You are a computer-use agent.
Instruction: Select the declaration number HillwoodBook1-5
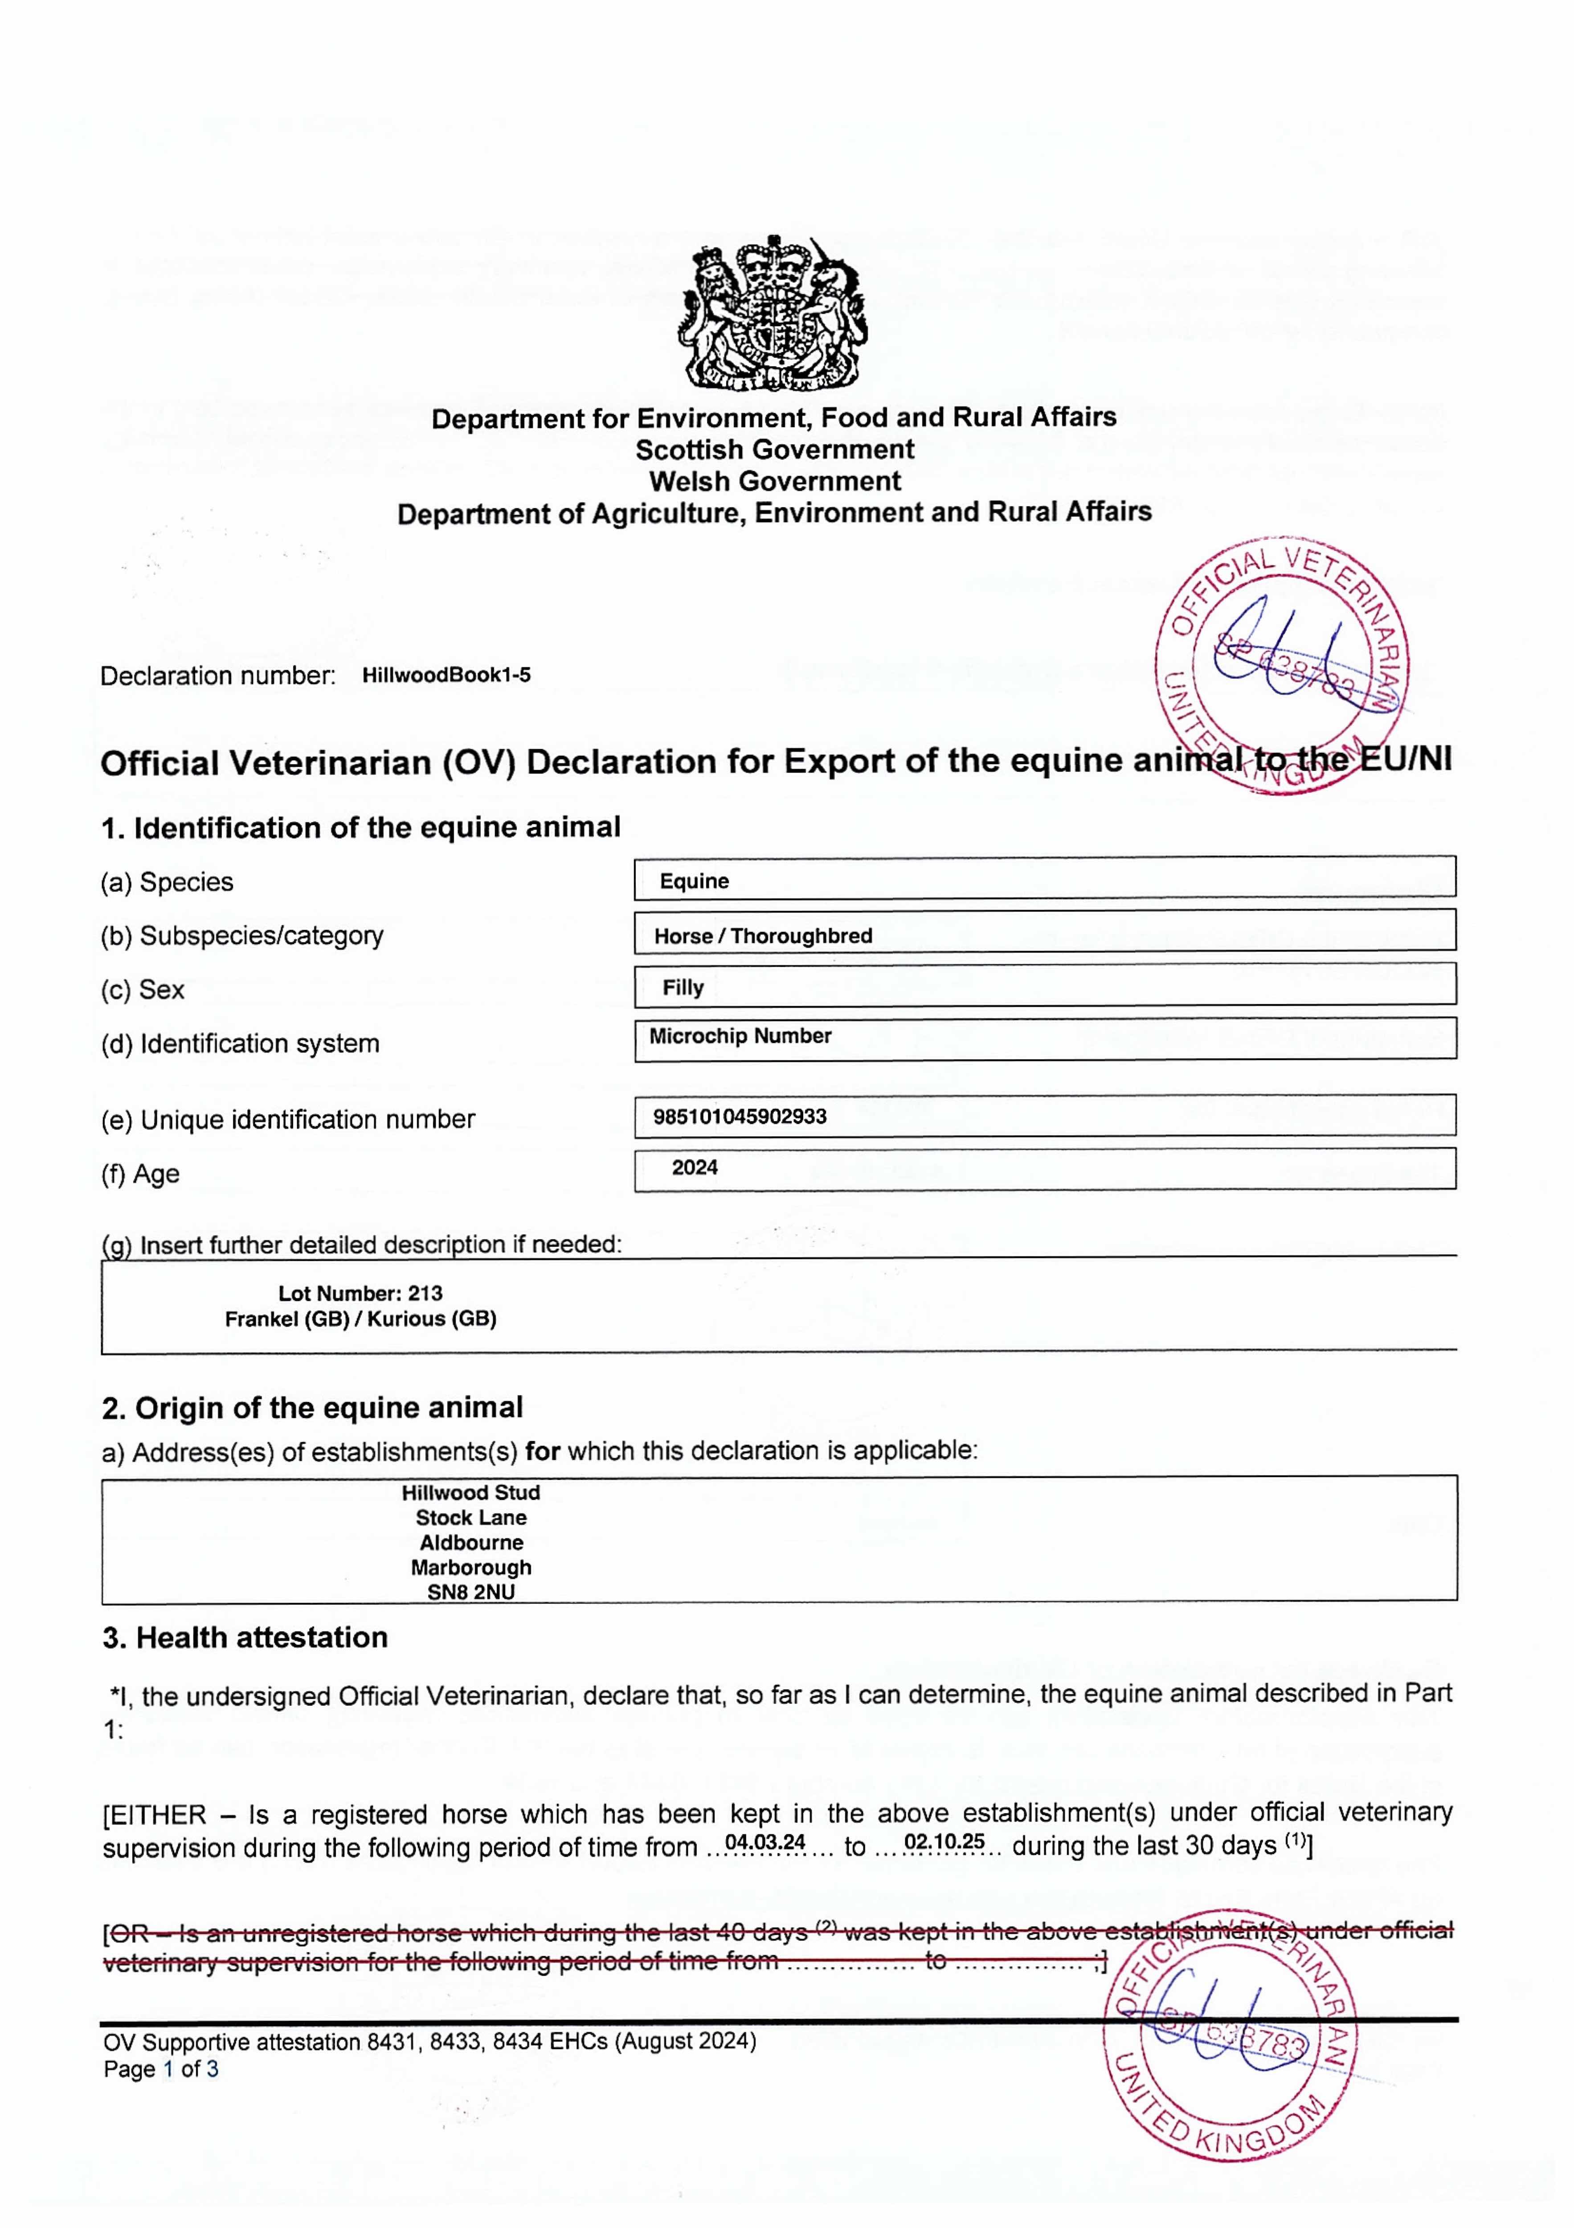click(446, 676)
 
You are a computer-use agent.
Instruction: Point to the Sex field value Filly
click(683, 988)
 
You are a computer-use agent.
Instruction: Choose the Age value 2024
click(695, 1167)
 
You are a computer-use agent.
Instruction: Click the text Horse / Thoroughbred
click(763, 936)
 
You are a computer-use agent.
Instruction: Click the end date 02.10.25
click(944, 1842)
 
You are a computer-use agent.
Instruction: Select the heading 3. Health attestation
click(245, 1638)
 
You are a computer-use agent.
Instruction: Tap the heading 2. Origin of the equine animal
click(312, 1408)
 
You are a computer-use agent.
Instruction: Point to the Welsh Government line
click(774, 481)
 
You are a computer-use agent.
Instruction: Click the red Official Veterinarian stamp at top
click(1283, 665)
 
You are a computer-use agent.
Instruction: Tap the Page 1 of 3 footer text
click(161, 2069)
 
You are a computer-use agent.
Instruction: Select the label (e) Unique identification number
click(288, 1120)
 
